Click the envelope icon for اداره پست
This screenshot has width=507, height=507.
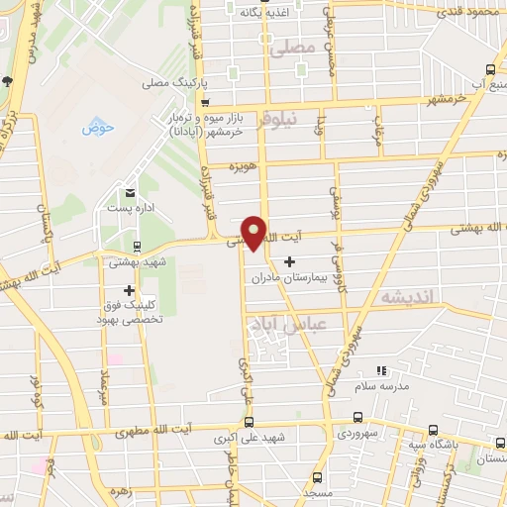coord(130,192)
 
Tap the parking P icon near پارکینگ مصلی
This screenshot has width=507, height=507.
coord(204,101)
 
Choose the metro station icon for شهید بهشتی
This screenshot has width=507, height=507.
coord(137,247)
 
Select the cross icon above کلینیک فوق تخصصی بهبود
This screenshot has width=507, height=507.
coord(129,290)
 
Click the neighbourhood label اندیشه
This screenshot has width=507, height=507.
coord(403,296)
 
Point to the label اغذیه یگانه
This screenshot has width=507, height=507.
coord(268,14)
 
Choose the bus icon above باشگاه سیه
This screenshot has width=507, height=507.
coord(433,430)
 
